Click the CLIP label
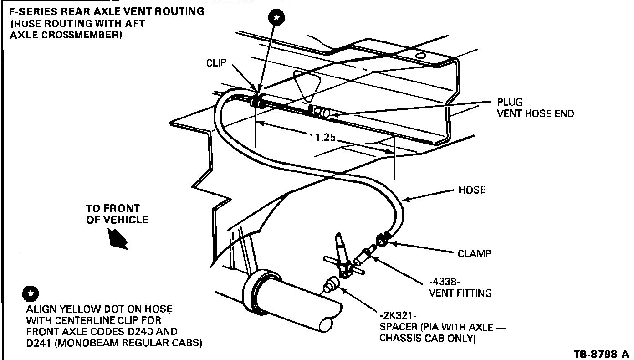pos(216,63)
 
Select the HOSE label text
pos(471,190)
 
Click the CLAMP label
pos(475,254)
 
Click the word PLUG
pos(510,102)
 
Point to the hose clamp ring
pos(382,239)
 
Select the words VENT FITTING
pos(460,293)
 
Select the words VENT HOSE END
pos(535,113)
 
